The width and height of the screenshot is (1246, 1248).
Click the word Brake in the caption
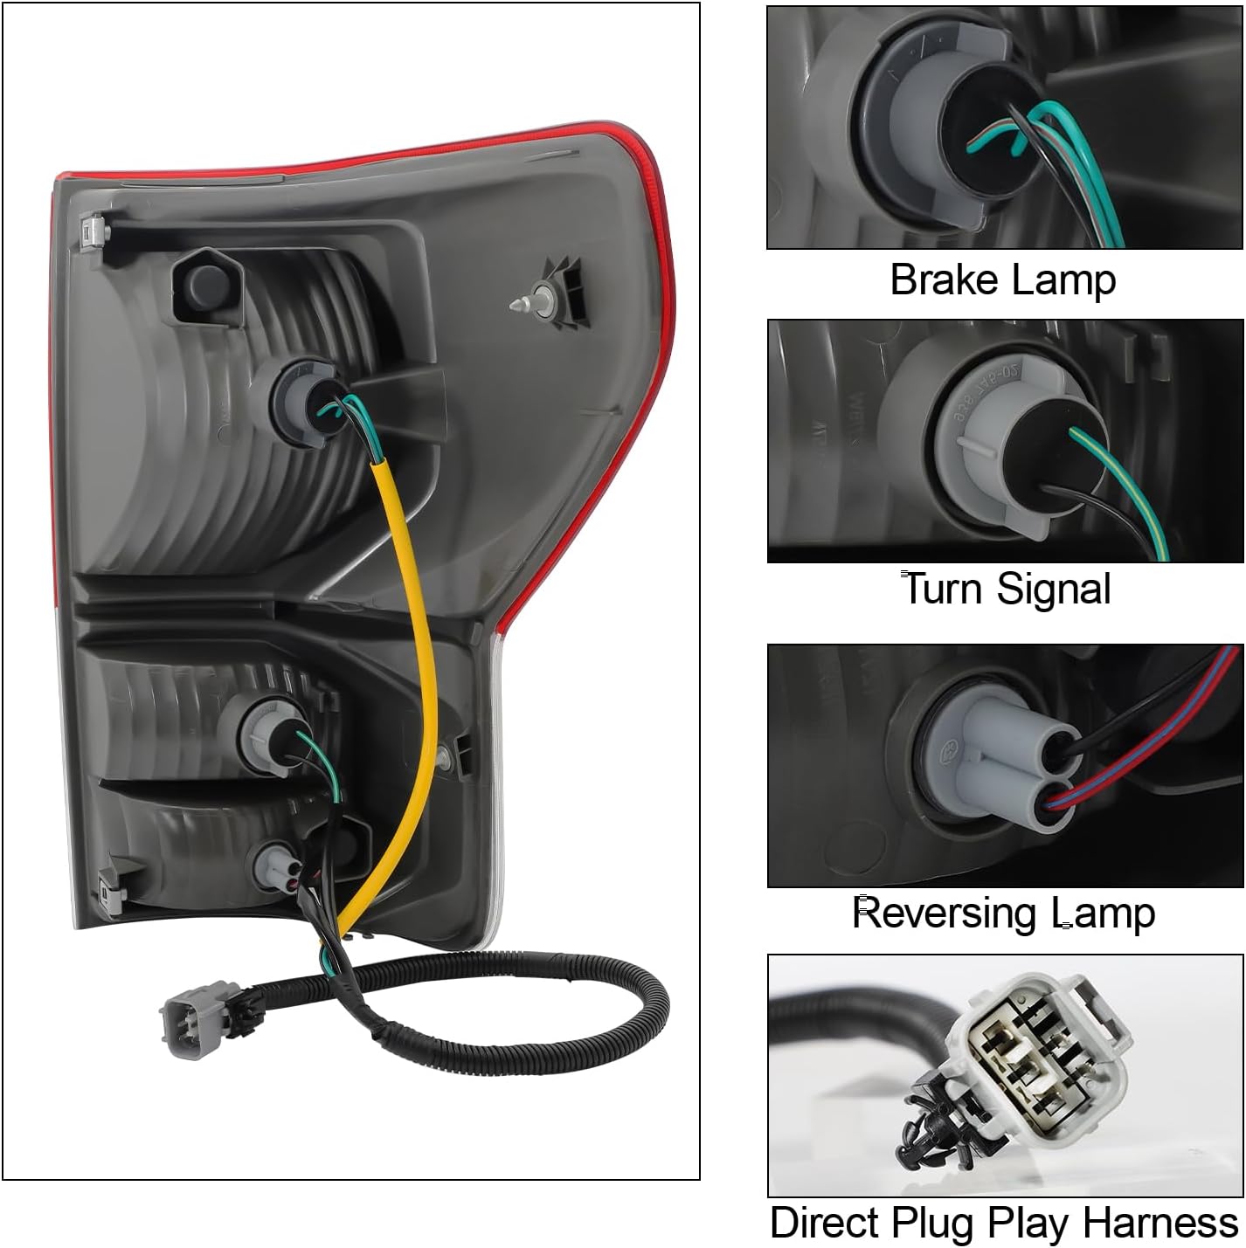point(944,280)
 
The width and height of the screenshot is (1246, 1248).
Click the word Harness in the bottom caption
point(1160,1224)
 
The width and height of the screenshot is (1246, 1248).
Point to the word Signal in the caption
point(1054,590)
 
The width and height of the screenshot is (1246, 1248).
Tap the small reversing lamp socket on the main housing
point(278,865)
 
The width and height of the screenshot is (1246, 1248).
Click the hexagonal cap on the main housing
point(207,284)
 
